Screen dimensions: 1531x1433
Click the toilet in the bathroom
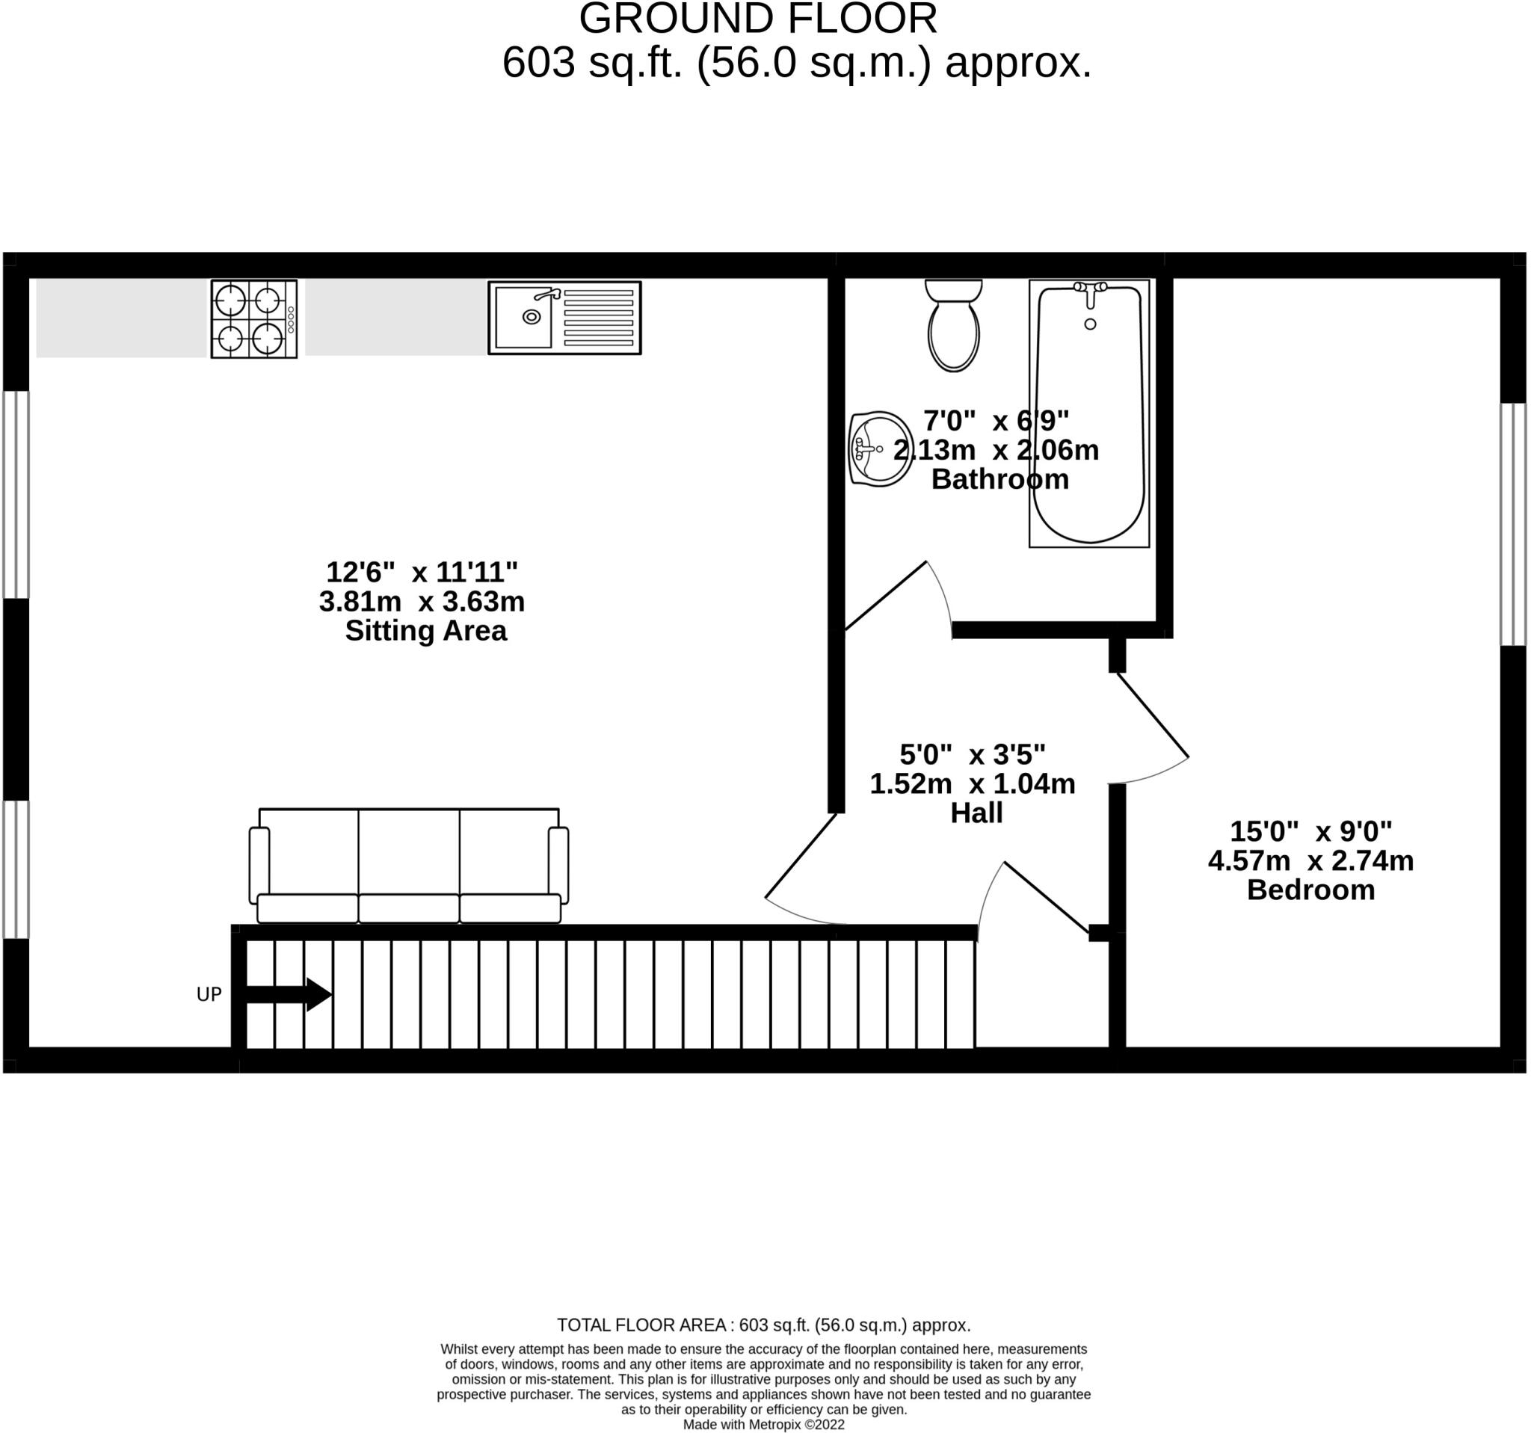[x=953, y=325]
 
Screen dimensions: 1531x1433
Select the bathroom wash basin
[x=880, y=449]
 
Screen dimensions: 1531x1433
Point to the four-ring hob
[x=254, y=318]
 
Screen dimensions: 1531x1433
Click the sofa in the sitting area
[x=409, y=866]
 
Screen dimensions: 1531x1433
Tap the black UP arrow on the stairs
[x=289, y=994]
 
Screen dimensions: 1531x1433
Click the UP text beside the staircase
[x=209, y=995]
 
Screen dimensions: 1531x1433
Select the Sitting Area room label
[x=426, y=631]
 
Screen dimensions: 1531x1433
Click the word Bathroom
[x=999, y=479]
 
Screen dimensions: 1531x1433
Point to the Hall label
[x=976, y=813]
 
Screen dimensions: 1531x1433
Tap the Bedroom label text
[x=1310, y=890]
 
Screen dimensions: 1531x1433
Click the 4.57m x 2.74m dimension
[x=1310, y=860]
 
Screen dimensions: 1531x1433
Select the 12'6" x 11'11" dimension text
[x=422, y=572]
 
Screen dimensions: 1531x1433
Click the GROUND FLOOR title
[x=759, y=19]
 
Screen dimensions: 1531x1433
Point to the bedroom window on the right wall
[x=1513, y=523]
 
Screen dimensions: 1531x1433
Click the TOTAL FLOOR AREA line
[x=764, y=1325]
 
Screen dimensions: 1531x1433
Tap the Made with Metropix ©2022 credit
[x=764, y=1425]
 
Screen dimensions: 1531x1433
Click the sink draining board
[x=598, y=317]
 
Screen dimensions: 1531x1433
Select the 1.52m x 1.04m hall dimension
[x=973, y=783]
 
